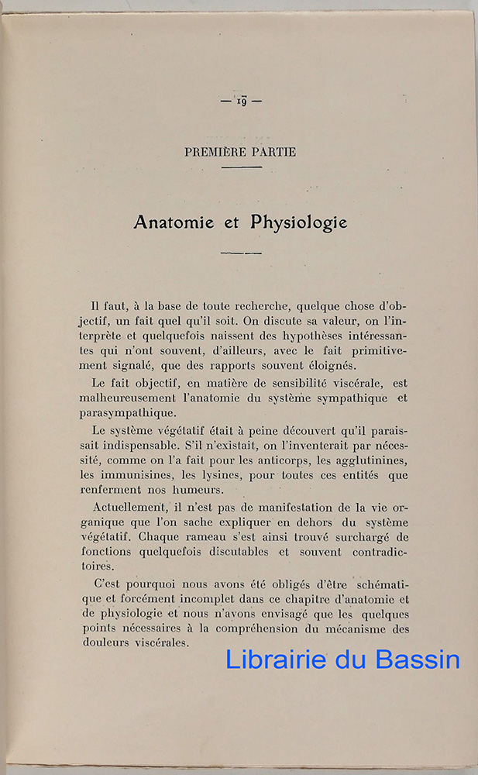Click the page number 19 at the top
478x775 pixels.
click(x=240, y=101)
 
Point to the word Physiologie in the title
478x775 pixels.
click(x=299, y=222)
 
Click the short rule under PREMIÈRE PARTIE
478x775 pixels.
click(x=241, y=167)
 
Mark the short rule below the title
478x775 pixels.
click(x=241, y=253)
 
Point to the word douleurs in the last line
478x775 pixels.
click(x=105, y=642)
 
